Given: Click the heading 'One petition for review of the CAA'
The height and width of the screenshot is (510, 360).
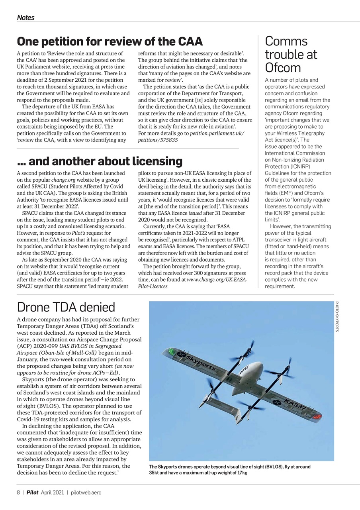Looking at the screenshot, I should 110,41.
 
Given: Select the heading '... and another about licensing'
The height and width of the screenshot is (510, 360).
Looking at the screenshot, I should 100,161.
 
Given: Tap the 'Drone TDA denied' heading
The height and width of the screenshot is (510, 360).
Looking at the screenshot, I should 66,307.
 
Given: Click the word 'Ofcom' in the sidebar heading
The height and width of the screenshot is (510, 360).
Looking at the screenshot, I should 283,67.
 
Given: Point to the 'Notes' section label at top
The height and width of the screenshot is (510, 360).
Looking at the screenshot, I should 25,18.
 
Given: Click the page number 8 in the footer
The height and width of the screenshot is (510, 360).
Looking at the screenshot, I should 18,492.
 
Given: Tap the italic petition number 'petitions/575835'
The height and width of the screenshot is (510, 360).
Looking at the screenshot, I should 158,140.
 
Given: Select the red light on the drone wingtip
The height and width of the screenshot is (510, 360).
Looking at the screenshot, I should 317,417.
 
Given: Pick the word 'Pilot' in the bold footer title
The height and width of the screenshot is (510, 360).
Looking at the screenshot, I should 32,492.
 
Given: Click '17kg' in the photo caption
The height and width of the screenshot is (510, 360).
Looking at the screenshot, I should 241,473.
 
